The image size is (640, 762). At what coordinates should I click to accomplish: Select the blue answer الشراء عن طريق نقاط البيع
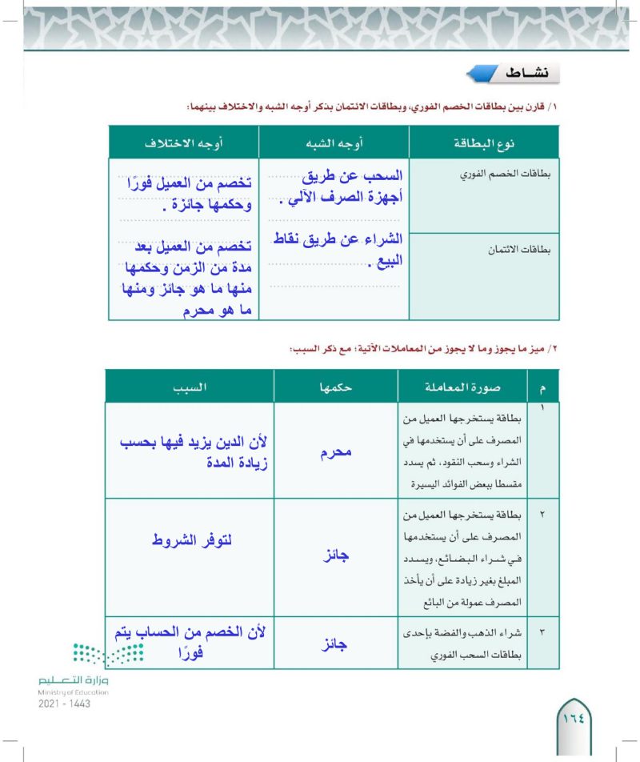[334, 248]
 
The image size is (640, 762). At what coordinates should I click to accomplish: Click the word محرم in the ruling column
[335, 452]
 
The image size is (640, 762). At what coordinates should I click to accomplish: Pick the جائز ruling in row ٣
[335, 642]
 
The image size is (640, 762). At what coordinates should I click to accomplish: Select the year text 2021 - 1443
[63, 704]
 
